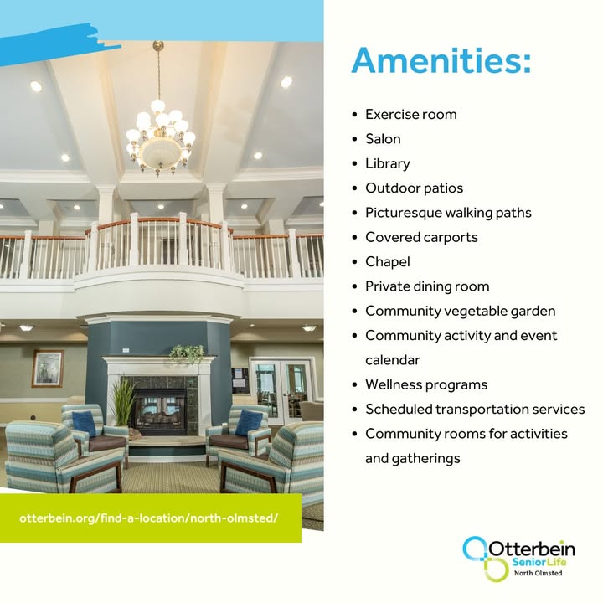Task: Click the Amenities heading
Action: pos(441,60)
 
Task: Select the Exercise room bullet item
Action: pos(410,115)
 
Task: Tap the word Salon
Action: pos(383,139)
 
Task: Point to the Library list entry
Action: pos(387,164)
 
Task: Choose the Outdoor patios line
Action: pos(415,188)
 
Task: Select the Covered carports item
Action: pos(421,237)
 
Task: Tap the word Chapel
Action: pos(387,262)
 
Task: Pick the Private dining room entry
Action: pos(427,286)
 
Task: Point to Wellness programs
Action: pos(426,385)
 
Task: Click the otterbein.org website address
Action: pos(148,518)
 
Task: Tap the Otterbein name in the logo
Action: pos(532,549)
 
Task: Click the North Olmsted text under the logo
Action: pos(538,573)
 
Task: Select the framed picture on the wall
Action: pos(48,368)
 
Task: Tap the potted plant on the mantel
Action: pos(188,353)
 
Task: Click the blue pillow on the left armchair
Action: pos(85,424)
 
